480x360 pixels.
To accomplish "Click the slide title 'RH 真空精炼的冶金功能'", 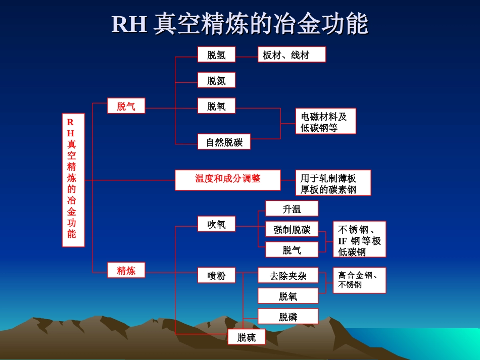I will click(239, 24).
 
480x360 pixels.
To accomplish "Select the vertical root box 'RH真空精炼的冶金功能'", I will click(73, 180).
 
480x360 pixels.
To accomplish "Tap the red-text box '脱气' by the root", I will click(126, 106).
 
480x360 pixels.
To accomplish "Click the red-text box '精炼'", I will click(126, 270).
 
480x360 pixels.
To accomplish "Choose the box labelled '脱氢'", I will click(216, 55).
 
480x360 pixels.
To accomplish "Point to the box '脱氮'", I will click(216, 80).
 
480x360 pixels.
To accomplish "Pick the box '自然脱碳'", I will click(224, 142).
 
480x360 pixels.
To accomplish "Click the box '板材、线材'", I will click(292, 55).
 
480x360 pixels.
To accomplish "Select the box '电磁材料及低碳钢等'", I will click(325, 121).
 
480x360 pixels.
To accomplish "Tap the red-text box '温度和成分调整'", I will click(227, 180).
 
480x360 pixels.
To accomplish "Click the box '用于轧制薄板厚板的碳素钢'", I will click(333, 183).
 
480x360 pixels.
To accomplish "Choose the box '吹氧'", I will click(216, 224).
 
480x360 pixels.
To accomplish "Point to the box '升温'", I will click(292, 209).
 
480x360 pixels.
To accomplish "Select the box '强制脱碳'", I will click(292, 230).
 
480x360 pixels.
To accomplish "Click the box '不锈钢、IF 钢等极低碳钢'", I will click(359, 239).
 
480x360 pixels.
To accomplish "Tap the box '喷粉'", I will click(216, 276).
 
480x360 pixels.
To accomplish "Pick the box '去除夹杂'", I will click(288, 276).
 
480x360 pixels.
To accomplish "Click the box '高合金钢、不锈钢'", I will click(359, 280).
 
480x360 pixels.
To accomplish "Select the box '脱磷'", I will click(288, 317).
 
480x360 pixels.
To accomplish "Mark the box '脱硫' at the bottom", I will click(247, 337).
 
